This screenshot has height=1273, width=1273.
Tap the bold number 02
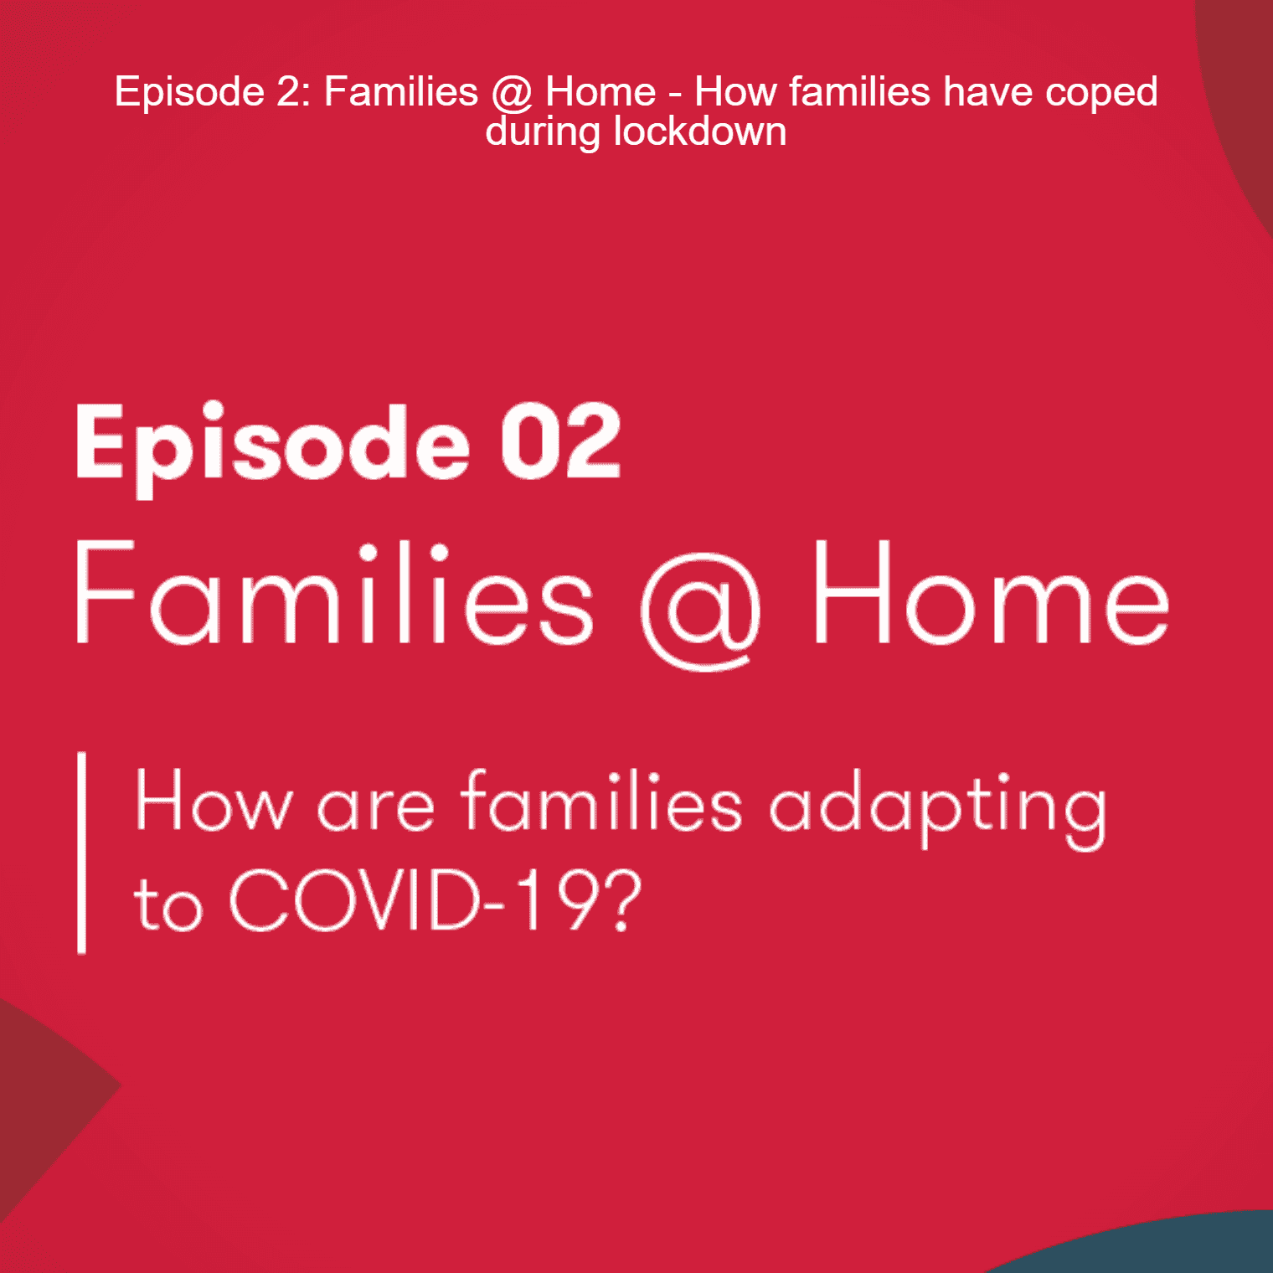tap(561, 441)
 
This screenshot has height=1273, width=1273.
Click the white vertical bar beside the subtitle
tap(81, 853)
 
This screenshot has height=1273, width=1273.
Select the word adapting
tap(938, 806)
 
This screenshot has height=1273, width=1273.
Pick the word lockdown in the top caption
tap(700, 132)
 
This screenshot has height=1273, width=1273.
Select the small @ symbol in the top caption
tap(512, 92)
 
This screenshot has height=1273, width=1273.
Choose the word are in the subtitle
tap(376, 807)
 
